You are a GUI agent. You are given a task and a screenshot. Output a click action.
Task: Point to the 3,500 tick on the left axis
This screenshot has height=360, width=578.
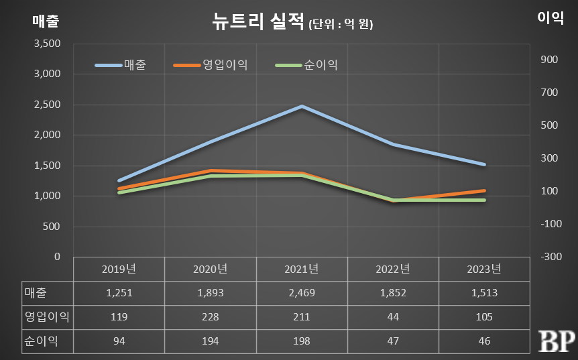tap(46, 44)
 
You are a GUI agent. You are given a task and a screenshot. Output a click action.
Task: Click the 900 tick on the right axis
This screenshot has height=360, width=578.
tap(549, 60)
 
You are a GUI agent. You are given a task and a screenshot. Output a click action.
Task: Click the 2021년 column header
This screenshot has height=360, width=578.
tap(302, 269)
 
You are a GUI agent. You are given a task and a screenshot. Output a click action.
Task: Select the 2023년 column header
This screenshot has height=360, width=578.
tap(484, 269)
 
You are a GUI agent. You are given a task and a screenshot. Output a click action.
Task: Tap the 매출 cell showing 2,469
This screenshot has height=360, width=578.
tap(302, 293)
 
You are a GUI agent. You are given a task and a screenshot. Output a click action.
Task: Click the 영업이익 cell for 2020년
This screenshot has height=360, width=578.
tap(211, 316)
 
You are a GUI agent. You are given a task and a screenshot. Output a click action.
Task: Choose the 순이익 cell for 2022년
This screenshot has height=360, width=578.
tap(393, 341)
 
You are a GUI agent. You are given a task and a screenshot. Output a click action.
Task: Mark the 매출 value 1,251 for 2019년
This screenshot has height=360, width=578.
tap(119, 293)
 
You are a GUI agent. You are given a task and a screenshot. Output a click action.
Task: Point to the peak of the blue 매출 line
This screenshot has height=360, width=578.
tap(302, 106)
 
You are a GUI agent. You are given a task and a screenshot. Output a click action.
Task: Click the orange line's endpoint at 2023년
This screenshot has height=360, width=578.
tap(484, 190)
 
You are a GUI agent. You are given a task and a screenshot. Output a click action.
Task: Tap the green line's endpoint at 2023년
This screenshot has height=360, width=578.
tap(484, 200)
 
